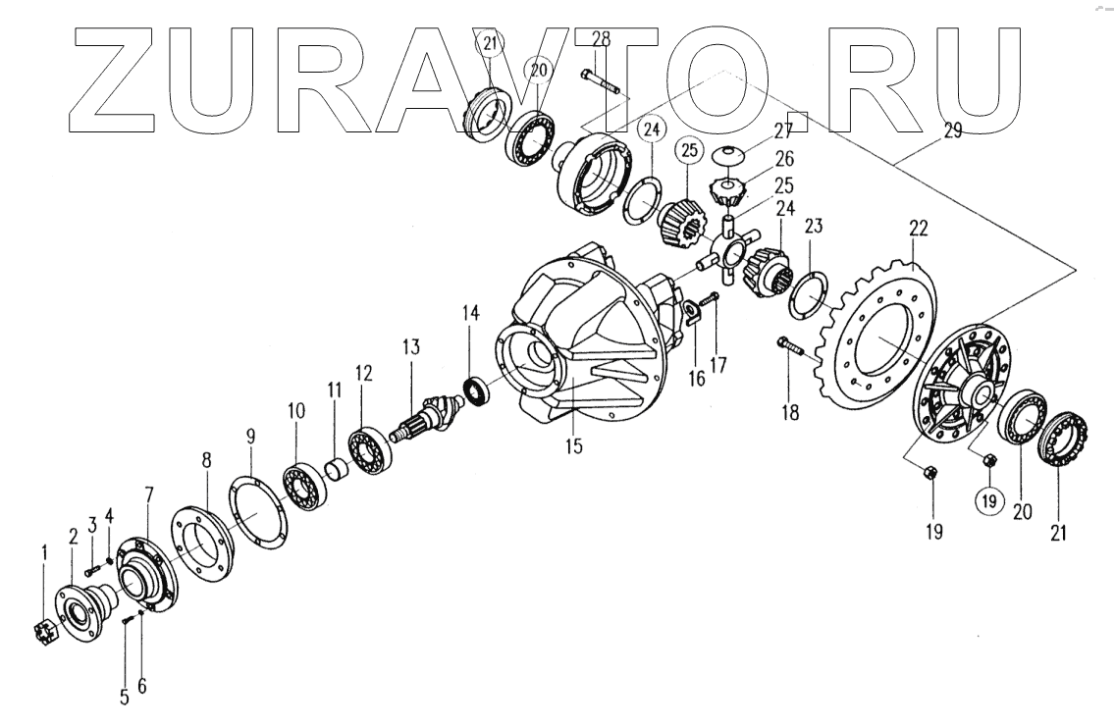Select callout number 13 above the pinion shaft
coord(409,347)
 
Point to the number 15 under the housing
coord(573,446)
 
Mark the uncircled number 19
coord(932,532)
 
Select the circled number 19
coord(987,500)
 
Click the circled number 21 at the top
coord(490,42)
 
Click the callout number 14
coord(471,314)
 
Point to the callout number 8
coord(206,460)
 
